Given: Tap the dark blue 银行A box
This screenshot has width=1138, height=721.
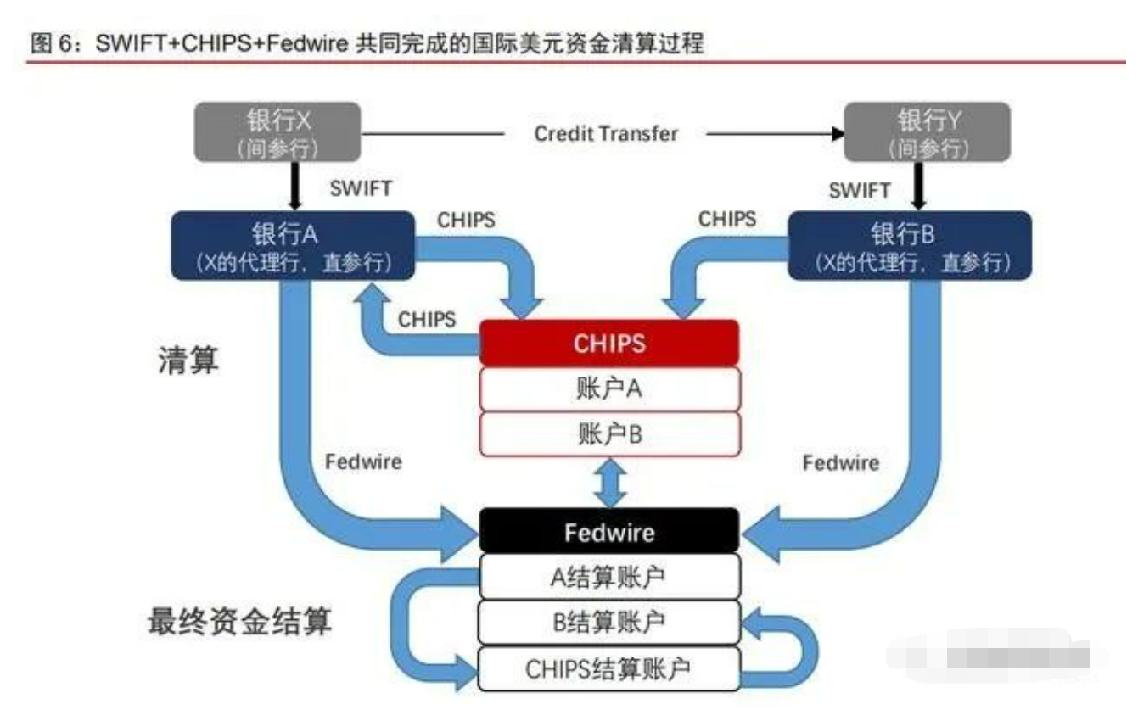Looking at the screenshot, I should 294,245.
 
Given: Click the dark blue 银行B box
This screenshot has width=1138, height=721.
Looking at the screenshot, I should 910,245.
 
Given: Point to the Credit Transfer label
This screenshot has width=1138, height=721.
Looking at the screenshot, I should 606,134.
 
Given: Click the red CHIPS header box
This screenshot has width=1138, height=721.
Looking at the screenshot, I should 609,343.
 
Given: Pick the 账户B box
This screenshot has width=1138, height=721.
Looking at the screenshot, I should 609,435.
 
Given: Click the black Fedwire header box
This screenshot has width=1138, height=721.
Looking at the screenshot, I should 609,532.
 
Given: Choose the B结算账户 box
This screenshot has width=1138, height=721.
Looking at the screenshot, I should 609,623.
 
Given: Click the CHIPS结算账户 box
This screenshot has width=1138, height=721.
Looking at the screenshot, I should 609,668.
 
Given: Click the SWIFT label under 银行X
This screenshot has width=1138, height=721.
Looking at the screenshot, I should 362,188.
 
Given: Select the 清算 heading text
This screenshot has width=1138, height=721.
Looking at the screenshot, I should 188,361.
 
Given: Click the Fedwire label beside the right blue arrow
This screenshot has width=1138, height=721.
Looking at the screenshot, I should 841,463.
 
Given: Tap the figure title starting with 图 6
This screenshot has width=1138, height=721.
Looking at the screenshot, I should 367,43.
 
